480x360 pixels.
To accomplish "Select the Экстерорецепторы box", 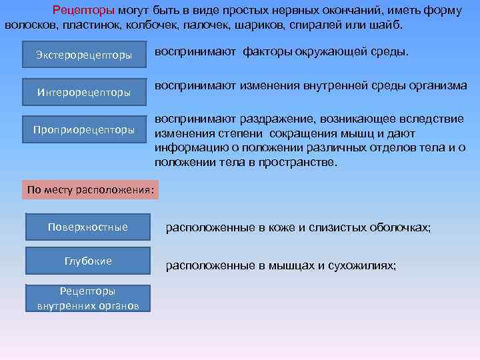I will pos(83,55).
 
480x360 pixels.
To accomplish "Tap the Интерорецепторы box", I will pos(83,92).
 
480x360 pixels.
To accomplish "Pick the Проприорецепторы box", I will pos(84,129).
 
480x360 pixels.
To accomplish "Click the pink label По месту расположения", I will pos(91,190).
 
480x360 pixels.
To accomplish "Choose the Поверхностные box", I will pos(87,227).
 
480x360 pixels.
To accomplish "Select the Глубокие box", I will pos(87,261).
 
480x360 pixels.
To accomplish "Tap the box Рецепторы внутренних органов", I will pos(87,298).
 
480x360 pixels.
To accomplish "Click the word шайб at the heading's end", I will pos(389,25).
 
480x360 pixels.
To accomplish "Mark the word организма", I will pos(439,85).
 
